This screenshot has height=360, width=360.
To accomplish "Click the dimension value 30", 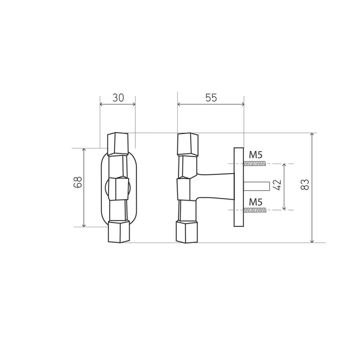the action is (x=118, y=98).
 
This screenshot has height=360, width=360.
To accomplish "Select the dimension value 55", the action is (x=211, y=98).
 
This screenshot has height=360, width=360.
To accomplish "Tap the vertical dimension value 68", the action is (x=78, y=182).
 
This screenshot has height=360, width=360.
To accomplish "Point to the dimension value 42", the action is (x=278, y=185).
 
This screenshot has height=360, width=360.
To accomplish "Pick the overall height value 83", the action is (x=305, y=184).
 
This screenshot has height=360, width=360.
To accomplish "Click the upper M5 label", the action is (x=256, y=155).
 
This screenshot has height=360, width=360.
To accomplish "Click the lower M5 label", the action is (x=256, y=202).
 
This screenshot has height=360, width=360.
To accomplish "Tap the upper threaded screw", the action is (x=255, y=164).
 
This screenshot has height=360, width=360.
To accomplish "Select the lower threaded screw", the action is (x=255, y=210).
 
